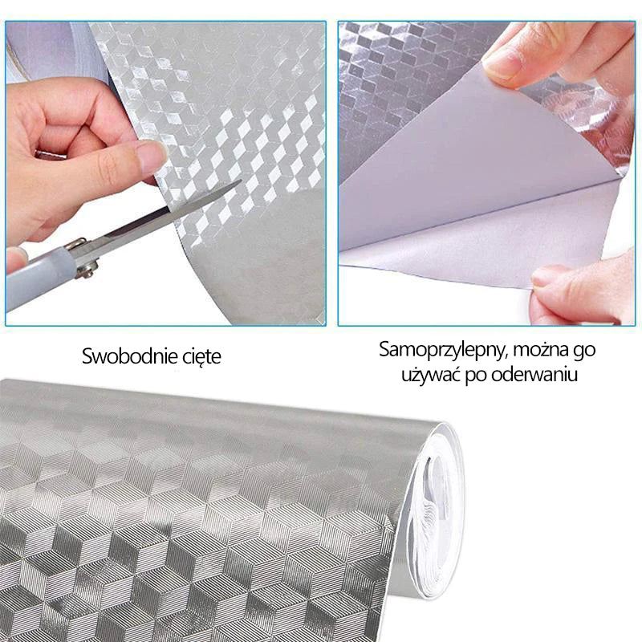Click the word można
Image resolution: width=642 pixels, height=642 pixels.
coord(540,349)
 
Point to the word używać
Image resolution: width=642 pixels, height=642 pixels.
coord(430,374)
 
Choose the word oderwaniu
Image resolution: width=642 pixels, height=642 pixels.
coord(534,374)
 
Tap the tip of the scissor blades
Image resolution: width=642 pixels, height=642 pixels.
coord(240,181)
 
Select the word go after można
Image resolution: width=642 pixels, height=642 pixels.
coord(584,351)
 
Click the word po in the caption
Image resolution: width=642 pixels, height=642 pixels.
coord(476,376)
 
